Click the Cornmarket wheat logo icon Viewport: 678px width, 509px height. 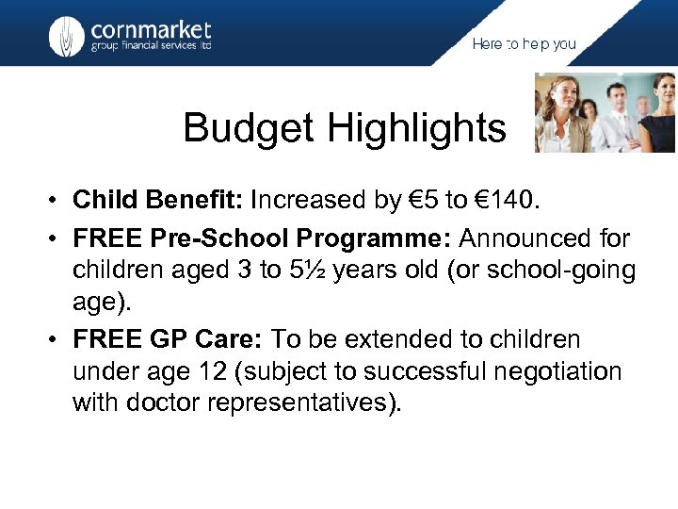click(x=66, y=36)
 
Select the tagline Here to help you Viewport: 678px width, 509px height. click(x=524, y=44)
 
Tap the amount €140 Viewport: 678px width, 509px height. click(x=513, y=200)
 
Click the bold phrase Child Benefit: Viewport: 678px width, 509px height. click(x=158, y=200)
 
